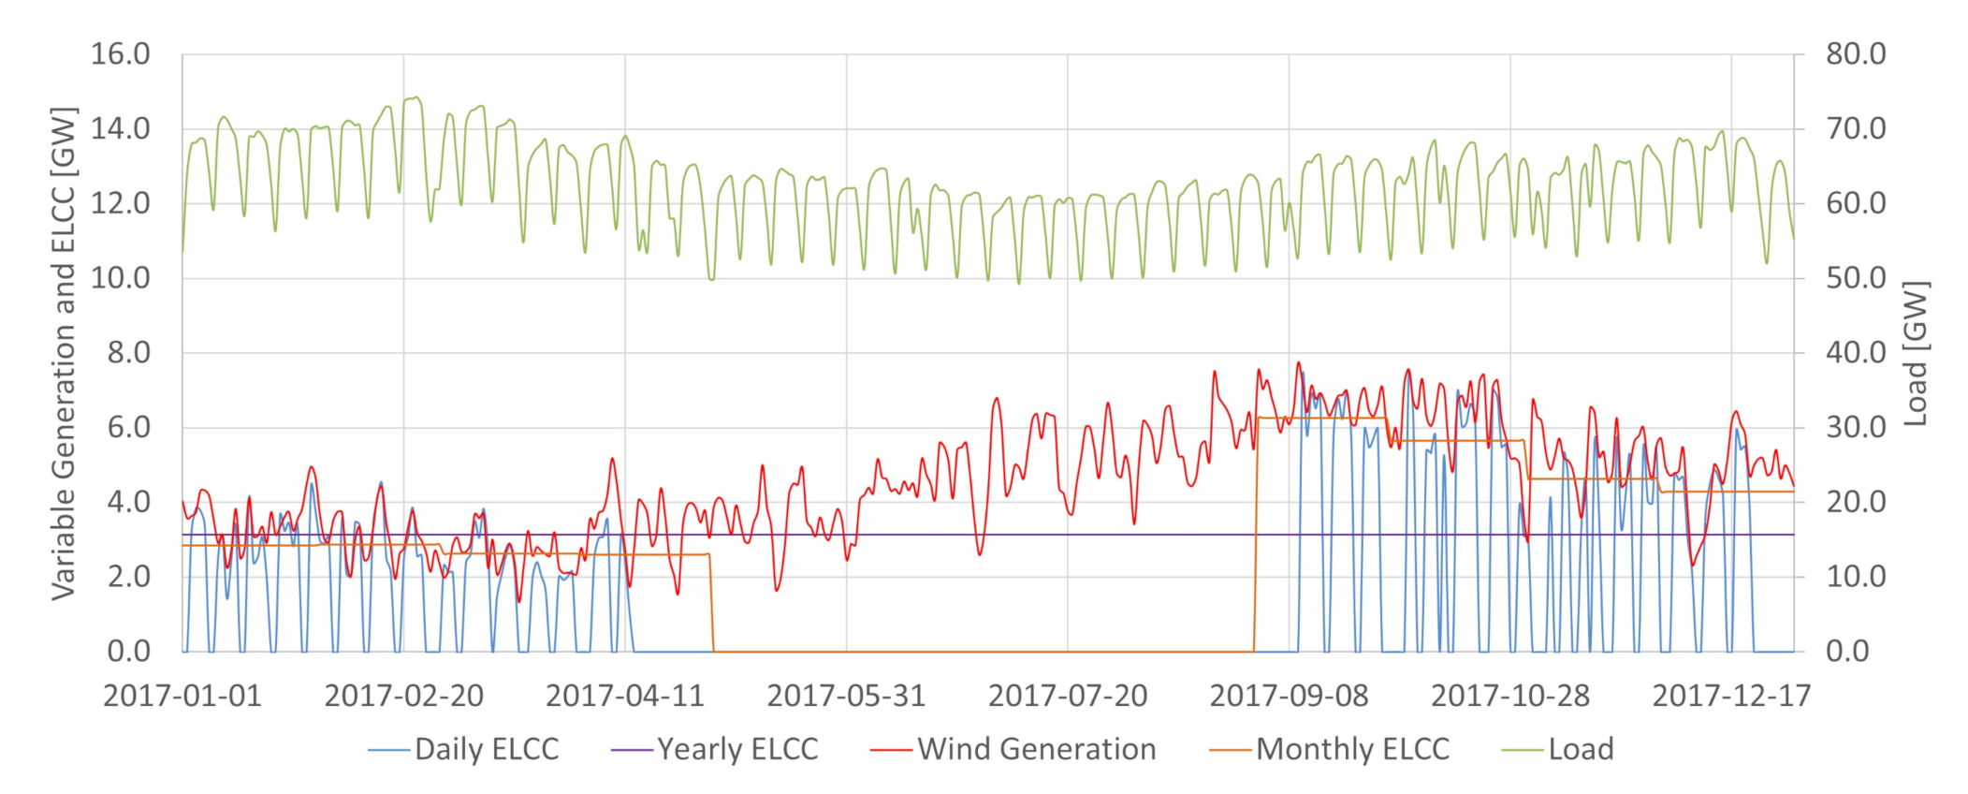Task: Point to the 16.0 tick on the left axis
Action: tap(120, 54)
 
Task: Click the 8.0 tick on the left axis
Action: tap(128, 353)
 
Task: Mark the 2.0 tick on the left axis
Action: tap(128, 577)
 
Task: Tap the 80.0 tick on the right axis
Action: tap(1856, 54)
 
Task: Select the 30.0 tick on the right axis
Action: tap(1856, 428)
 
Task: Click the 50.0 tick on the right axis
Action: tap(1856, 278)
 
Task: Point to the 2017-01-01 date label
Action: tap(182, 696)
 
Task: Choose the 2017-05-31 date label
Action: tap(846, 696)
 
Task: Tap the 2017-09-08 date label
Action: tap(1289, 696)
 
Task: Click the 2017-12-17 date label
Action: tap(1731, 696)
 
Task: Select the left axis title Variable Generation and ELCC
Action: tap(64, 353)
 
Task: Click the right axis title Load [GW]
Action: tap(1916, 353)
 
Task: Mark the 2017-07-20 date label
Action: tap(1068, 696)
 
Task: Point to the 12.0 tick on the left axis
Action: tap(120, 203)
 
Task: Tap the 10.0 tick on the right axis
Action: tap(1856, 577)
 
